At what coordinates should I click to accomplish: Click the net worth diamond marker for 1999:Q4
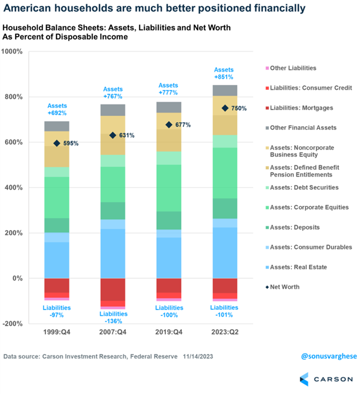[57, 143]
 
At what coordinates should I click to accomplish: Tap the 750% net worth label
[238, 109]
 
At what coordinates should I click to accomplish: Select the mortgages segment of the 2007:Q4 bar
[113, 289]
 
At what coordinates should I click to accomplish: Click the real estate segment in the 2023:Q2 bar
[225, 253]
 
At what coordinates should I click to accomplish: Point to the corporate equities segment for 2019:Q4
[169, 187]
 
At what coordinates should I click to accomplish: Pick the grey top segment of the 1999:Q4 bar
[57, 126]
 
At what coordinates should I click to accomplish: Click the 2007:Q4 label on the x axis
[113, 332]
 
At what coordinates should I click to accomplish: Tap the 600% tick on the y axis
[14, 142]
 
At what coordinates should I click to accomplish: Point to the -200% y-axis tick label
[13, 324]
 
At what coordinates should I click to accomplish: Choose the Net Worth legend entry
[285, 287]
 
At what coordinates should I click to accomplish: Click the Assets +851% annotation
[224, 73]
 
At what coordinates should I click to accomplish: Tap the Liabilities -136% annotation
[113, 317]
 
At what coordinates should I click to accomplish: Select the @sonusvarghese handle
[328, 356]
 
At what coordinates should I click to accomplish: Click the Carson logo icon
[304, 379]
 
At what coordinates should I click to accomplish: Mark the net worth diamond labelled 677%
[169, 125]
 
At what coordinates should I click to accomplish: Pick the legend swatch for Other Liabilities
[267, 68]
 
